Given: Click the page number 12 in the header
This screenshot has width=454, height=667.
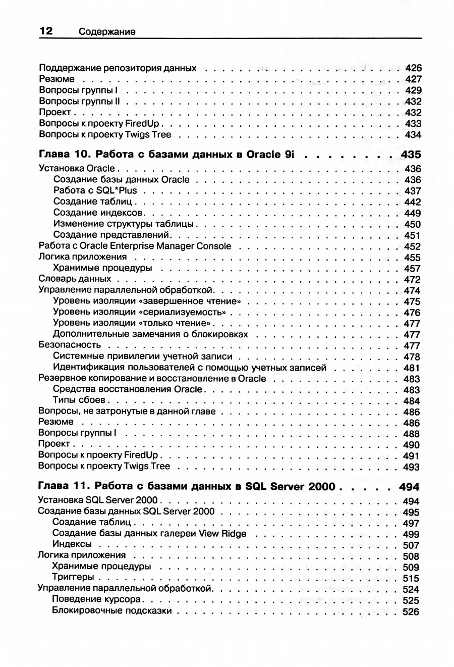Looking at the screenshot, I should click(46, 31).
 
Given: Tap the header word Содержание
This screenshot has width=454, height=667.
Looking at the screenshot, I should click(107, 32).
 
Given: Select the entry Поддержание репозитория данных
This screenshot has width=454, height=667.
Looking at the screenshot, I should click(118, 68).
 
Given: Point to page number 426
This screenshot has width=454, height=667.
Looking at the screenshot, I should click(413, 68).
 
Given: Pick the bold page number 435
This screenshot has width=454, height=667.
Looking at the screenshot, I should click(411, 154).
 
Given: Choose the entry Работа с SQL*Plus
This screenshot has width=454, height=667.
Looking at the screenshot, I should click(95, 191).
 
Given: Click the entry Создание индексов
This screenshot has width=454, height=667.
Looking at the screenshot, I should click(99, 213).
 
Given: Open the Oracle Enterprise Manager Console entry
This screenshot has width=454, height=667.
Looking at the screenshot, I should click(135, 246).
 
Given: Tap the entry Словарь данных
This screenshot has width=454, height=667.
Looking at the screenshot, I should click(75, 279).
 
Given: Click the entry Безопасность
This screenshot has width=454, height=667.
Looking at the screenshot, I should click(70, 345).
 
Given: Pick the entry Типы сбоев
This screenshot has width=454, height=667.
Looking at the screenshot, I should click(78, 400).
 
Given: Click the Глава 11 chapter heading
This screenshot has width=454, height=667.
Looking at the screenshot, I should click(187, 487).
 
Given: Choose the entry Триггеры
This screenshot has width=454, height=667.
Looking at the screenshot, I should click(73, 577).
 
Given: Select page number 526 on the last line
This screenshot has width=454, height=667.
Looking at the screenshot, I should click(411, 611).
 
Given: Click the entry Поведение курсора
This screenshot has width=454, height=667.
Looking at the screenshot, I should click(96, 600).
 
